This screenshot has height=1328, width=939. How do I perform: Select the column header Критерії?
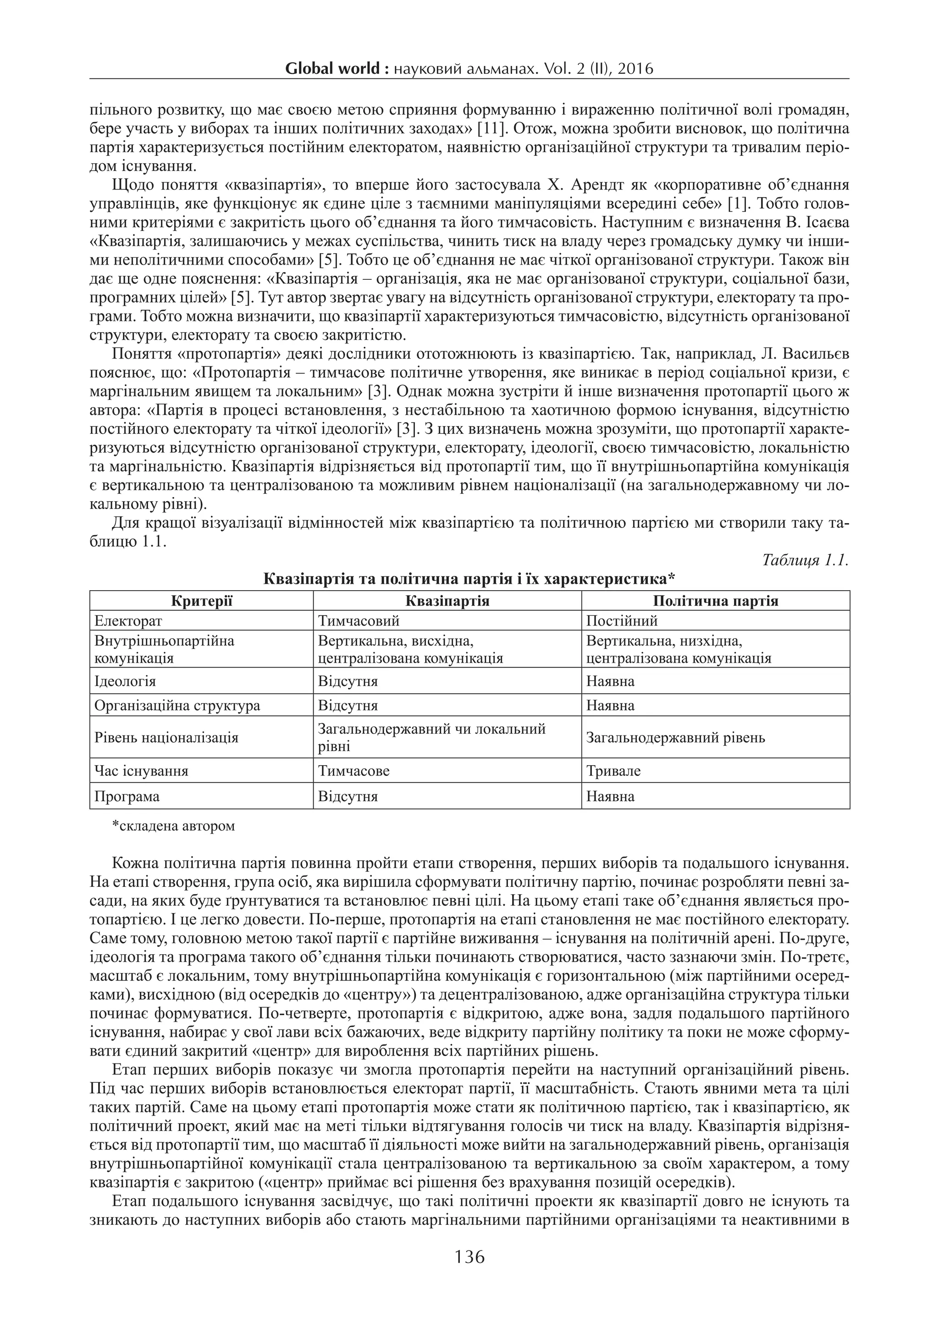pos(201,601)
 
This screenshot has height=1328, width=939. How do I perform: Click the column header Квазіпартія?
pos(447,601)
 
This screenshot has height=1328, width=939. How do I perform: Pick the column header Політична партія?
pos(715,601)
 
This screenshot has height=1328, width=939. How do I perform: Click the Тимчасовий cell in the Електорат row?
pos(359,621)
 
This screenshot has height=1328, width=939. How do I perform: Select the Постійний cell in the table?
pos(622,621)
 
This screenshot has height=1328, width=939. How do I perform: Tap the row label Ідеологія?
pos(125,681)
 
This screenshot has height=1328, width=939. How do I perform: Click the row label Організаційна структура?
pos(177,706)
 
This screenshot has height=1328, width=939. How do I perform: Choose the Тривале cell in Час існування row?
pos(613,771)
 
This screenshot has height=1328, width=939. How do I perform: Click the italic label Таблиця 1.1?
pos(805,560)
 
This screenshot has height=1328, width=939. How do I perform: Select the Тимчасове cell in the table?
pos(354,771)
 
